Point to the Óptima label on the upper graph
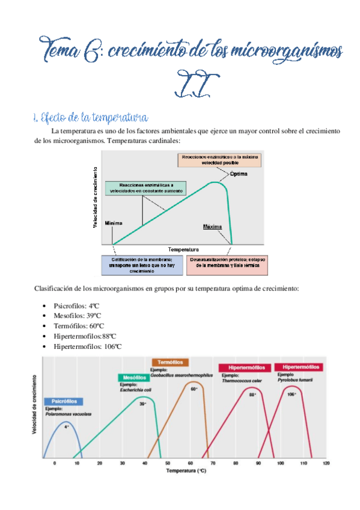[x=238, y=174]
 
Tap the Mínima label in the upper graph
[x=113, y=223]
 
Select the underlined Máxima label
[x=213, y=227]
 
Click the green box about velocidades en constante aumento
[x=145, y=188]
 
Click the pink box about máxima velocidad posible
[x=219, y=159]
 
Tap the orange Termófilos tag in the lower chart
[x=170, y=363]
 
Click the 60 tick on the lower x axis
[x=190, y=463]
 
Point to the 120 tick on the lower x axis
[x=326, y=463]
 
